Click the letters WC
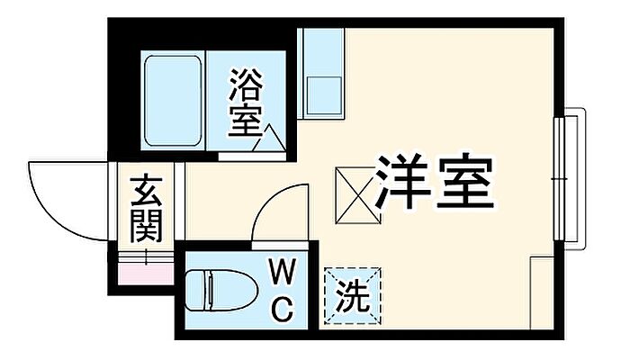[283, 290]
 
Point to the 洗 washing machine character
[354, 294]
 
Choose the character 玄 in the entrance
[146, 193]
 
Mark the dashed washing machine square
[354, 294]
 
